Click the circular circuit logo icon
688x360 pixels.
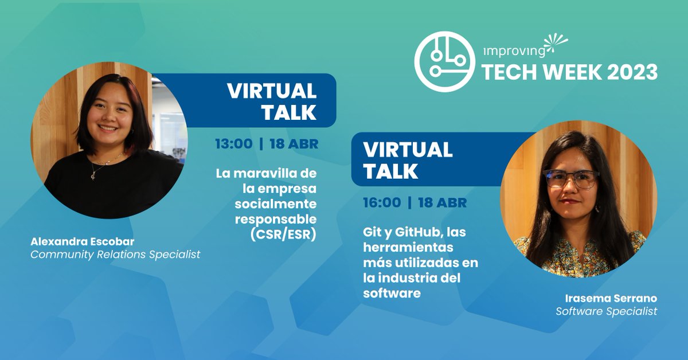click(444, 62)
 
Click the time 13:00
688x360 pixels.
click(233, 143)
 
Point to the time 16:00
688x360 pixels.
click(381, 202)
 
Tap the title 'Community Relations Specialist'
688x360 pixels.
click(115, 254)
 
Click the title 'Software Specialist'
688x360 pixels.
click(607, 311)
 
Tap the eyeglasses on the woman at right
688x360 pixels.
click(571, 179)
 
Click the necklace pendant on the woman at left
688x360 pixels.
click(94, 175)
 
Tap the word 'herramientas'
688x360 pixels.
click(408, 248)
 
